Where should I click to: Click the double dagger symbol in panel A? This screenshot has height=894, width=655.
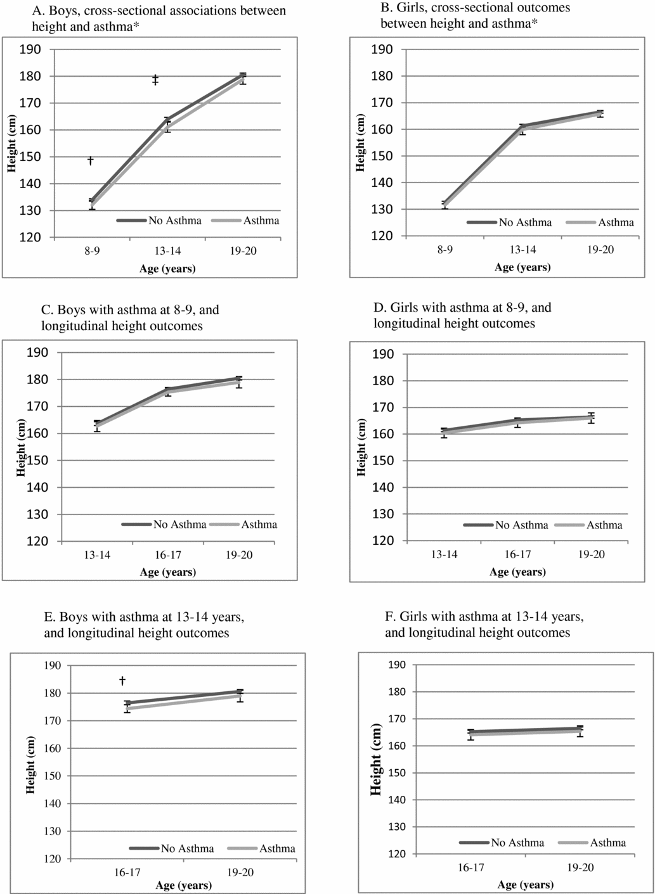155,80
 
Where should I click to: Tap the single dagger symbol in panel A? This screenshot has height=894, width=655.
91,160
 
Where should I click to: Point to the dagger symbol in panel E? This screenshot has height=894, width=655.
122,680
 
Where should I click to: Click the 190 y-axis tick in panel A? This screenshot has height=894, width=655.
30,49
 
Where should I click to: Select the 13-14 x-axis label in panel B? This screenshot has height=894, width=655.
522,250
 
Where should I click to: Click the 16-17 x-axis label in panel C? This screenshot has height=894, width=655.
168,555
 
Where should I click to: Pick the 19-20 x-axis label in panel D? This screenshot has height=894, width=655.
591,554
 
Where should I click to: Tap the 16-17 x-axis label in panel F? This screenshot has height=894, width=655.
471,867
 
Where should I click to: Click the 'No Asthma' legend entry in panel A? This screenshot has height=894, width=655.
175,220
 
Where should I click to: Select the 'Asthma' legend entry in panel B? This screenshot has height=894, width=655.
616,222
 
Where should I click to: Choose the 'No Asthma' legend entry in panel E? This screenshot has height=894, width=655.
187,848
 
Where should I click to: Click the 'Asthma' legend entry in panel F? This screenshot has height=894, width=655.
607,843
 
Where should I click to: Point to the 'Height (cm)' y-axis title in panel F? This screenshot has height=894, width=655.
375,759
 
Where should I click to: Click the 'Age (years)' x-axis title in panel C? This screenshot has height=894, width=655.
167,572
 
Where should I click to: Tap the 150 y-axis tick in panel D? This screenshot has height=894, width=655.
382,461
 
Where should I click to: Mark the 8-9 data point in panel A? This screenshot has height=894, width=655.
92,203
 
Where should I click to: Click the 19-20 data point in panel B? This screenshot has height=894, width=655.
600,113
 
